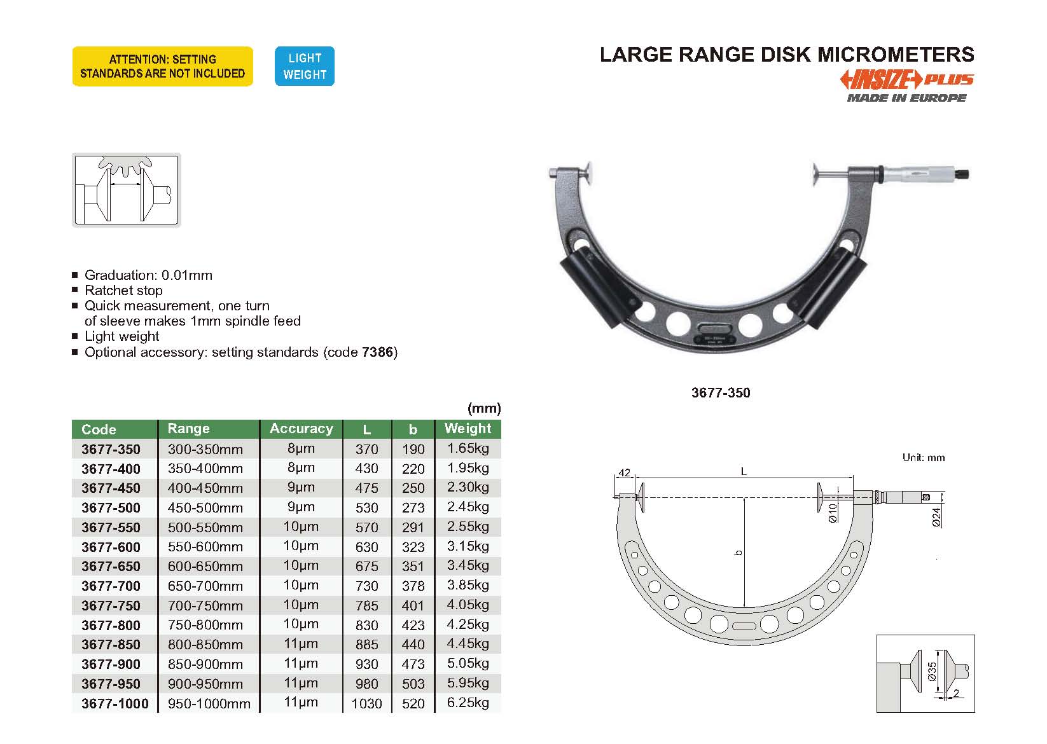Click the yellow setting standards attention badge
(x=163, y=66)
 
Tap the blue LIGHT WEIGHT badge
(x=305, y=66)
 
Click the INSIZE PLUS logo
(x=907, y=79)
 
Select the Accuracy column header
(x=302, y=429)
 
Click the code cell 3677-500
(x=111, y=507)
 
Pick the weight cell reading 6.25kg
(x=468, y=703)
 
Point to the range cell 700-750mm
(x=205, y=605)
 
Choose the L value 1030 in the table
(x=366, y=703)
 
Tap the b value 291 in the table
(x=413, y=527)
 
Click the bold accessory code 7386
(x=377, y=352)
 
